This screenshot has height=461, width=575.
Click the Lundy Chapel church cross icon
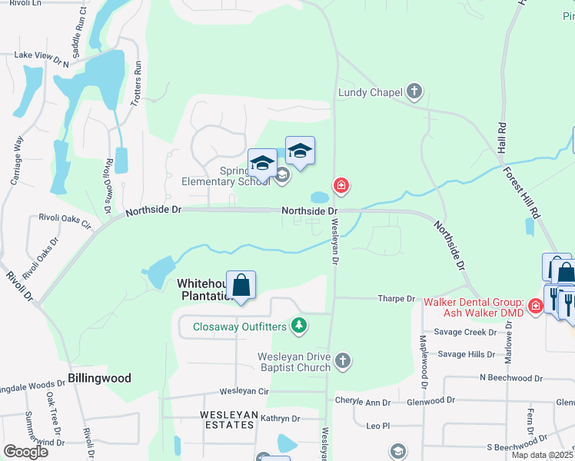coord(414,92)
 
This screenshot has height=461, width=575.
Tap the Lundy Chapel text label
coord(371,93)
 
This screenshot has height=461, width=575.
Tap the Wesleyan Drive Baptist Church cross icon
coord(343,360)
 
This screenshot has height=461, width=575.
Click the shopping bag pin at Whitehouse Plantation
coord(241,285)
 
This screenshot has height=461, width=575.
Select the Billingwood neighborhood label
coord(99,378)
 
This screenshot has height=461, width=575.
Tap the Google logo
coord(25,452)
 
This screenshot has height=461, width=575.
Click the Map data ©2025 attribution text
coord(541,455)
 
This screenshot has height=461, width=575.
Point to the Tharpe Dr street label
coord(396,298)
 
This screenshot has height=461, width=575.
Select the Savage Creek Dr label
coord(466,332)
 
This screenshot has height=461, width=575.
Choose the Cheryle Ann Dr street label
coord(363,401)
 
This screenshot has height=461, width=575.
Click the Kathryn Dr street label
coord(279,419)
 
